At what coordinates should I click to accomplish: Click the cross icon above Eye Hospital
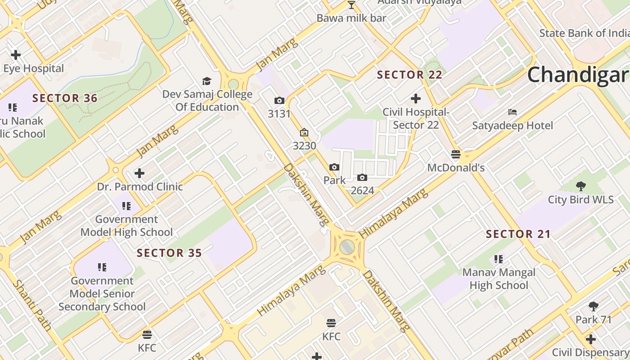(x=16, y=55)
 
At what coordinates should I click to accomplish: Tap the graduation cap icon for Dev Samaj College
(x=207, y=81)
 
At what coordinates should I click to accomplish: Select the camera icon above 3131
(x=279, y=100)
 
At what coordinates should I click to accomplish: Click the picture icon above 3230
(x=304, y=132)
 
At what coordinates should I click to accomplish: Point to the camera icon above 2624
(x=362, y=177)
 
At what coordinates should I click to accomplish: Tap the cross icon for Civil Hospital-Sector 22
(x=416, y=98)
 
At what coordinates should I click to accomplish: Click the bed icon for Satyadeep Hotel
(x=512, y=112)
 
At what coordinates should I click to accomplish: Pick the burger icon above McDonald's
(x=455, y=154)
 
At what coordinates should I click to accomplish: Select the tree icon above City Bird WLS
(x=581, y=185)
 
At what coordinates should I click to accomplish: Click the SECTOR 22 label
(x=409, y=75)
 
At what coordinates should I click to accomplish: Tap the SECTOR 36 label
(x=65, y=98)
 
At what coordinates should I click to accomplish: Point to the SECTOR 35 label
(x=169, y=253)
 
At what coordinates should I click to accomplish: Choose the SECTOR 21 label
(x=518, y=234)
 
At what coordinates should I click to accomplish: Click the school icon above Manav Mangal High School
(x=499, y=259)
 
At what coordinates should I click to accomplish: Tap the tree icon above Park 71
(x=594, y=306)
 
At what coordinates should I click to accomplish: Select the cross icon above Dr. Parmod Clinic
(x=139, y=173)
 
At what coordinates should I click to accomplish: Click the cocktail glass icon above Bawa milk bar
(x=351, y=5)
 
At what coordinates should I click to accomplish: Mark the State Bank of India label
(x=584, y=33)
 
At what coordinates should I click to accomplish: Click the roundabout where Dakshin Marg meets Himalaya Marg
(x=347, y=247)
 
